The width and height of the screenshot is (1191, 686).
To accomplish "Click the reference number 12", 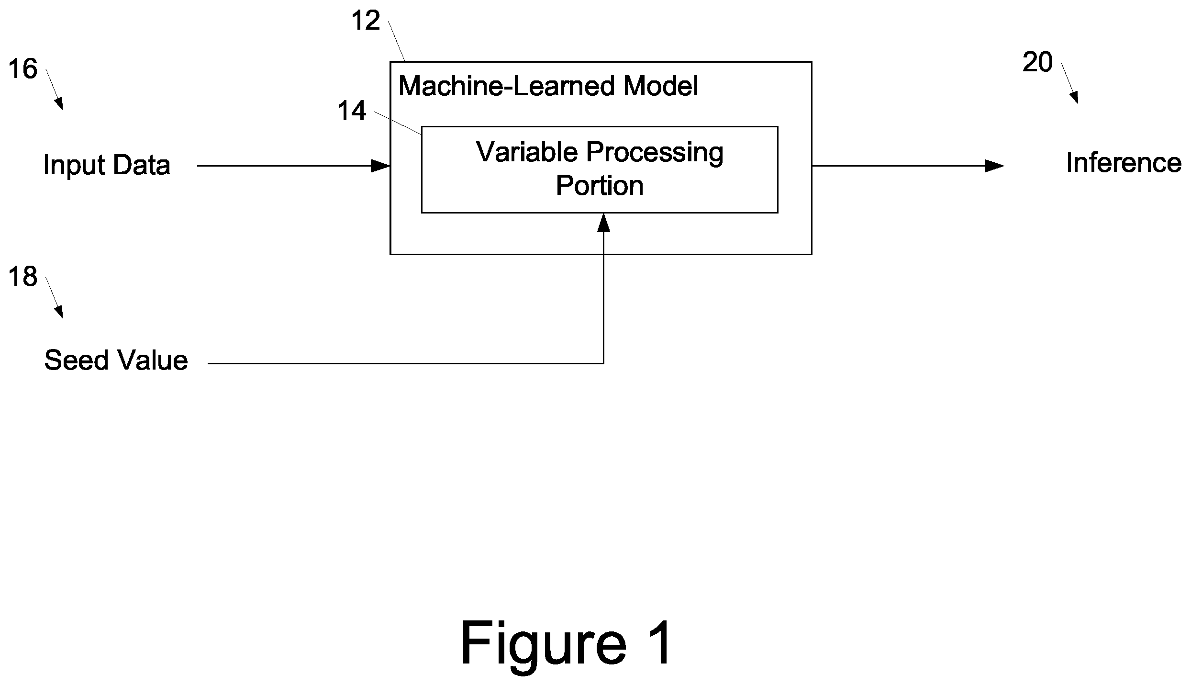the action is (366, 21).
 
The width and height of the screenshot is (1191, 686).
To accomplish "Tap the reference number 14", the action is (352, 111).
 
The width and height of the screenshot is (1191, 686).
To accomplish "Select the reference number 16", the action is (22, 69).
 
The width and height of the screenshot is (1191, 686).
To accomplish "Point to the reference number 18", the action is (22, 277).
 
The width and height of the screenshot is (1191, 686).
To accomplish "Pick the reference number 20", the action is (1037, 63).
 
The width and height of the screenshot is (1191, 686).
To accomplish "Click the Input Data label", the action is (107, 165).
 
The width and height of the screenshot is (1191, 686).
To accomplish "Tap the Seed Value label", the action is (116, 360).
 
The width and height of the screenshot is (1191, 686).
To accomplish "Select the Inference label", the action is (1124, 163).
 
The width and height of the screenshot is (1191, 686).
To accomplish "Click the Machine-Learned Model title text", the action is (548, 86).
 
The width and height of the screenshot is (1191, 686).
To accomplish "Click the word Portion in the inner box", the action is (600, 186).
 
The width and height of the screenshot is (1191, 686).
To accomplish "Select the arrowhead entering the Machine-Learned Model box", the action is (381, 166).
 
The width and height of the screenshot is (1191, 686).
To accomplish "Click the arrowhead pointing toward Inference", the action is (994, 166).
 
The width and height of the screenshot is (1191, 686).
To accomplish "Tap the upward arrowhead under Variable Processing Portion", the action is (603, 223).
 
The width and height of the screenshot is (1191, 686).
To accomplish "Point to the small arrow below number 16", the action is (54, 90).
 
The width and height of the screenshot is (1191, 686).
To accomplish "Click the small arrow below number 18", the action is (54, 297).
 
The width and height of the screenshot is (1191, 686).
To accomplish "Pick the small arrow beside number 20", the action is (1069, 83).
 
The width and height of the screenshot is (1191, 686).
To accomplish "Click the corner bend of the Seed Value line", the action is (603, 363).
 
